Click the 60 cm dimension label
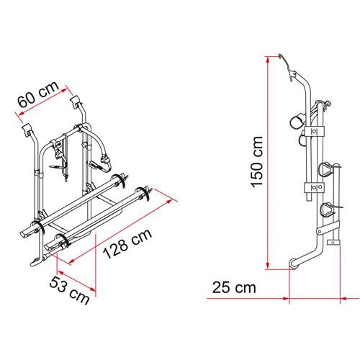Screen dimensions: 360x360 38,94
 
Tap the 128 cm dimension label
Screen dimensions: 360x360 127,243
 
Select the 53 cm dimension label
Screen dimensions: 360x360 69,290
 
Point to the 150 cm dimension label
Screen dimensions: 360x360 256,161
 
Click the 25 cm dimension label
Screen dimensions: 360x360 234,287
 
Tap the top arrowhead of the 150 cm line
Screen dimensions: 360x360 268,60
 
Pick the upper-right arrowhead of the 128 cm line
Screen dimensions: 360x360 169,201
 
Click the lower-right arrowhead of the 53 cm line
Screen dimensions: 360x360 93,289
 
